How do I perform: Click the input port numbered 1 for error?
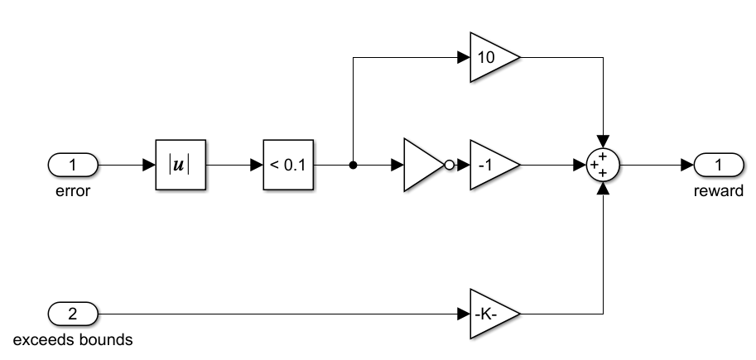(x=73, y=166)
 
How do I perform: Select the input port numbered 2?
(x=73, y=314)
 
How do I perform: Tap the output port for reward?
(x=718, y=166)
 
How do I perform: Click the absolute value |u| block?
(x=179, y=166)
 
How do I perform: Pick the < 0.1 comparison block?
(x=288, y=166)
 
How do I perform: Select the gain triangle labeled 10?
(x=491, y=58)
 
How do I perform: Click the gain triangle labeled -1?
(x=491, y=166)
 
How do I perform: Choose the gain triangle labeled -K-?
(x=491, y=314)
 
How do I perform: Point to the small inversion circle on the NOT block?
(x=449, y=166)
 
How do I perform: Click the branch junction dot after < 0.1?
(x=354, y=166)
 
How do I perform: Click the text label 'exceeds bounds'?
(x=74, y=339)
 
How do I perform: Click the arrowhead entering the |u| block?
(x=150, y=166)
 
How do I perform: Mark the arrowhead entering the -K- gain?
(x=464, y=314)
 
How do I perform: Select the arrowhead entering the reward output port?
(x=687, y=166)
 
